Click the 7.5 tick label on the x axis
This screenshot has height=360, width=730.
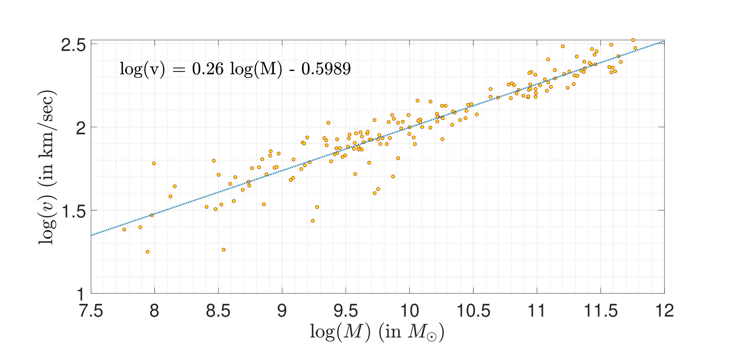pos(91,311)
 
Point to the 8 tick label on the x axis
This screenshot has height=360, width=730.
pos(155,311)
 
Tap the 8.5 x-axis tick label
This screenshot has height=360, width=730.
pos(218,311)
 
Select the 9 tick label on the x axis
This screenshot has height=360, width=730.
pos(282,311)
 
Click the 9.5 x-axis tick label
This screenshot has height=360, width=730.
pos(346,311)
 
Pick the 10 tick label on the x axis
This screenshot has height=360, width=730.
pos(410,311)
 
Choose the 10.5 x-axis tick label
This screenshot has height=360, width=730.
pos(473,311)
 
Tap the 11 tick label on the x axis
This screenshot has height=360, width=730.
pos(537,311)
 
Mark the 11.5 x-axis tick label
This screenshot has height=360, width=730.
pos(601,311)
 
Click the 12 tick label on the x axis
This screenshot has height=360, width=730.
pos(664,311)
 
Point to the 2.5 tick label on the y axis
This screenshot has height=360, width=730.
pos(73,45)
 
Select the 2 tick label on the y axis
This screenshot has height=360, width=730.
pos(81,128)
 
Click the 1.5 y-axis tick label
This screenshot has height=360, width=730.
pos(73,212)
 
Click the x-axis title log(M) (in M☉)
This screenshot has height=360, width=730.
pos(377,332)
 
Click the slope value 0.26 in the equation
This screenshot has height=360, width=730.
pos(208,69)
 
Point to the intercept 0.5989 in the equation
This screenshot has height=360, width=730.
pos(326,69)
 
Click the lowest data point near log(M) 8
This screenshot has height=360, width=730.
pos(148,252)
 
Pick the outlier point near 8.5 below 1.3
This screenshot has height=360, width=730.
pos(224,250)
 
